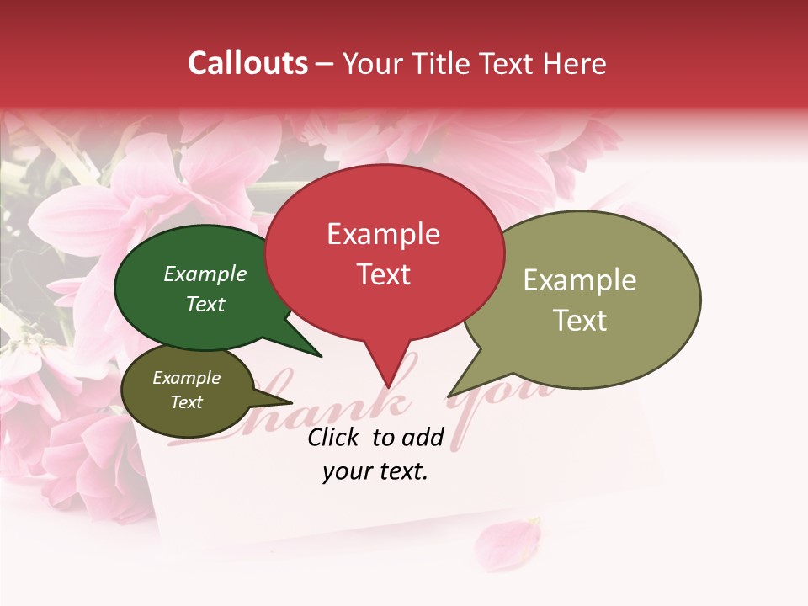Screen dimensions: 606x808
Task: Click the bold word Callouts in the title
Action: tap(247, 63)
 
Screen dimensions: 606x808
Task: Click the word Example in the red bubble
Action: tap(383, 234)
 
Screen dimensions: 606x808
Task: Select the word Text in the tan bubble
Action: tap(580, 321)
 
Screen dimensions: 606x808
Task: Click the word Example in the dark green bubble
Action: tap(205, 274)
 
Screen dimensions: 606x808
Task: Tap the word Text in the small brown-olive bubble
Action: tap(186, 402)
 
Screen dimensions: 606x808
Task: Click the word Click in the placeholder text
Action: tap(335, 437)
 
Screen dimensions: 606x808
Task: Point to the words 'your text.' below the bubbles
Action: tap(375, 471)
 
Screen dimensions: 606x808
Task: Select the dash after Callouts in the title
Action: tap(325, 63)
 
